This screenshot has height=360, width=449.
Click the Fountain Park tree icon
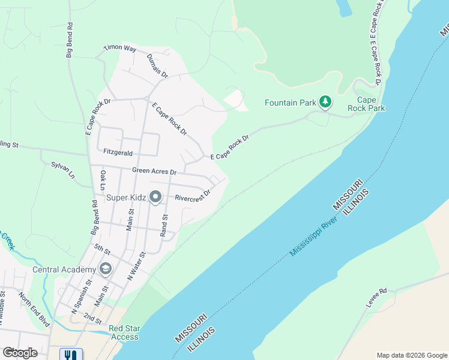pyautogui.click(x=325, y=102)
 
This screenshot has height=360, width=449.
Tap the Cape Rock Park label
pyautogui.click(x=370, y=104)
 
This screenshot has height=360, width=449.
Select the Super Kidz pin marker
pyautogui.click(x=155, y=197)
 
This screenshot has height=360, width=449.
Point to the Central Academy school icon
pyautogui.click(x=106, y=269)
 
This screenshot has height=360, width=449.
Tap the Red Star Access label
pyautogui.click(x=124, y=332)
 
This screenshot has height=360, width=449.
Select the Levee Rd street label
pyautogui.click(x=377, y=298)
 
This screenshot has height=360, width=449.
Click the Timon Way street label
pyautogui.click(x=120, y=48)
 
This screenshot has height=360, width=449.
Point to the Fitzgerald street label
pyautogui.click(x=118, y=153)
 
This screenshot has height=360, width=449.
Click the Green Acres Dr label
pyautogui.click(x=154, y=171)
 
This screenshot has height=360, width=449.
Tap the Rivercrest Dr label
pyautogui.click(x=192, y=196)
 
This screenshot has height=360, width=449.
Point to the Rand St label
pyautogui.click(x=163, y=225)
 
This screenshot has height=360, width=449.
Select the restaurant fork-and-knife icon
pyautogui.click(x=71, y=355)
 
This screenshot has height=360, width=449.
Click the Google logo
pyautogui.click(x=19, y=352)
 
